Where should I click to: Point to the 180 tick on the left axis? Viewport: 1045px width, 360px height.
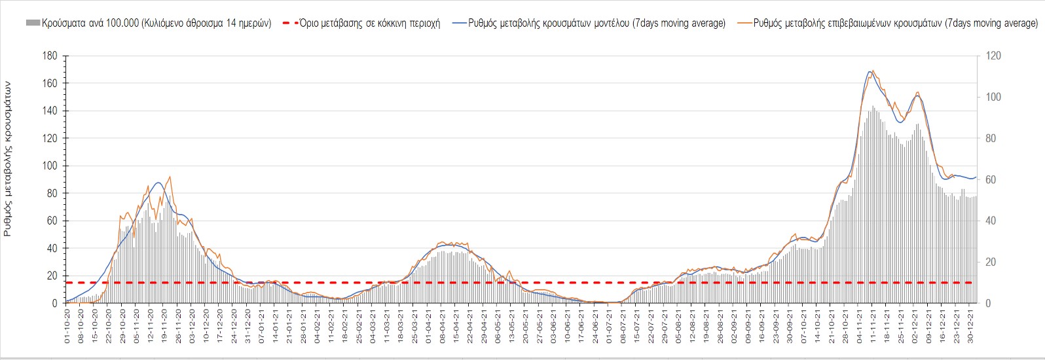(x=50, y=56)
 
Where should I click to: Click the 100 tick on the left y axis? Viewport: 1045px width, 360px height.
(x=50, y=166)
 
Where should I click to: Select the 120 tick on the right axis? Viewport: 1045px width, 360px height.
(x=993, y=56)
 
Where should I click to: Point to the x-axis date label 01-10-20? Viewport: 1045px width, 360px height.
(x=67, y=325)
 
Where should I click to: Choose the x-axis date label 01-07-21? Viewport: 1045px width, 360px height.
(x=610, y=325)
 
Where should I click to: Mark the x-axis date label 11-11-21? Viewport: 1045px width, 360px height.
(x=874, y=325)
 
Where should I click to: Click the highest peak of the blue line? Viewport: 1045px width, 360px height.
(x=870, y=71)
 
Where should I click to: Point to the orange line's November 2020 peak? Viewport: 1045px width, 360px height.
(x=170, y=177)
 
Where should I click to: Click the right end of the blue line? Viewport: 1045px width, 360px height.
(x=976, y=177)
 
